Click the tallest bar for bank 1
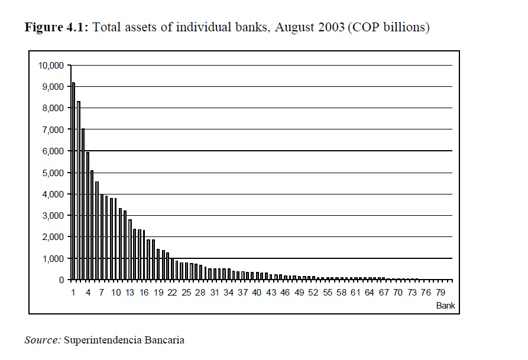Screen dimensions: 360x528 coord(73,181)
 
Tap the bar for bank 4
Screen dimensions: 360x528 coord(88,216)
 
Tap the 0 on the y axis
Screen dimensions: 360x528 coord(61,280)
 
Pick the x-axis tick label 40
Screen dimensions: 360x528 coord(257,293)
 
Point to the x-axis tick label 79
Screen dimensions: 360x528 coord(440,293)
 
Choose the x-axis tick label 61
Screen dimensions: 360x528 coord(355,293)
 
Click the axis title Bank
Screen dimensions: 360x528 coord(445,306)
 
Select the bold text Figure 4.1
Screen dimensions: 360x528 coord(56,28)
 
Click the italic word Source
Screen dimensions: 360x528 coord(43,340)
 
